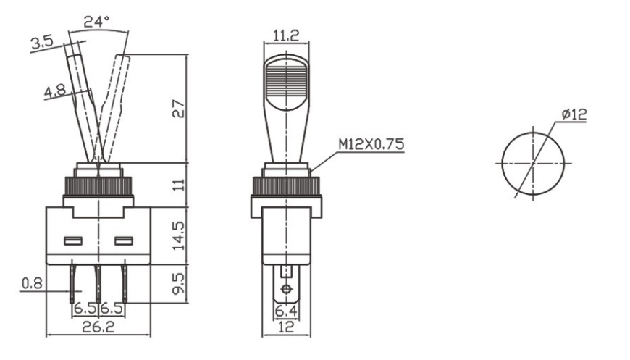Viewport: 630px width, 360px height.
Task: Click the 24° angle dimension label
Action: coord(96,21)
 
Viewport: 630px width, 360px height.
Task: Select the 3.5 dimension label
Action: coord(42,43)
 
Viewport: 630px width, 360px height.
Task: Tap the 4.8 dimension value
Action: coord(54,91)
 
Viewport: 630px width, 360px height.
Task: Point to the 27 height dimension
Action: coord(178,109)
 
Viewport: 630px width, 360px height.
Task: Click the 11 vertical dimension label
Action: coord(178,185)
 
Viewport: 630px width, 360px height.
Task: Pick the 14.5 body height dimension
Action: coord(178,235)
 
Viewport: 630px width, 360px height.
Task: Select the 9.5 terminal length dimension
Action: coord(178,284)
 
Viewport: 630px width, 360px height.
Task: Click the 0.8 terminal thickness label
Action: coord(32,283)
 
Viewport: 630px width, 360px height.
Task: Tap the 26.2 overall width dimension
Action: coord(98,327)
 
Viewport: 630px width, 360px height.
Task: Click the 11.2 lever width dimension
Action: coord(286,35)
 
